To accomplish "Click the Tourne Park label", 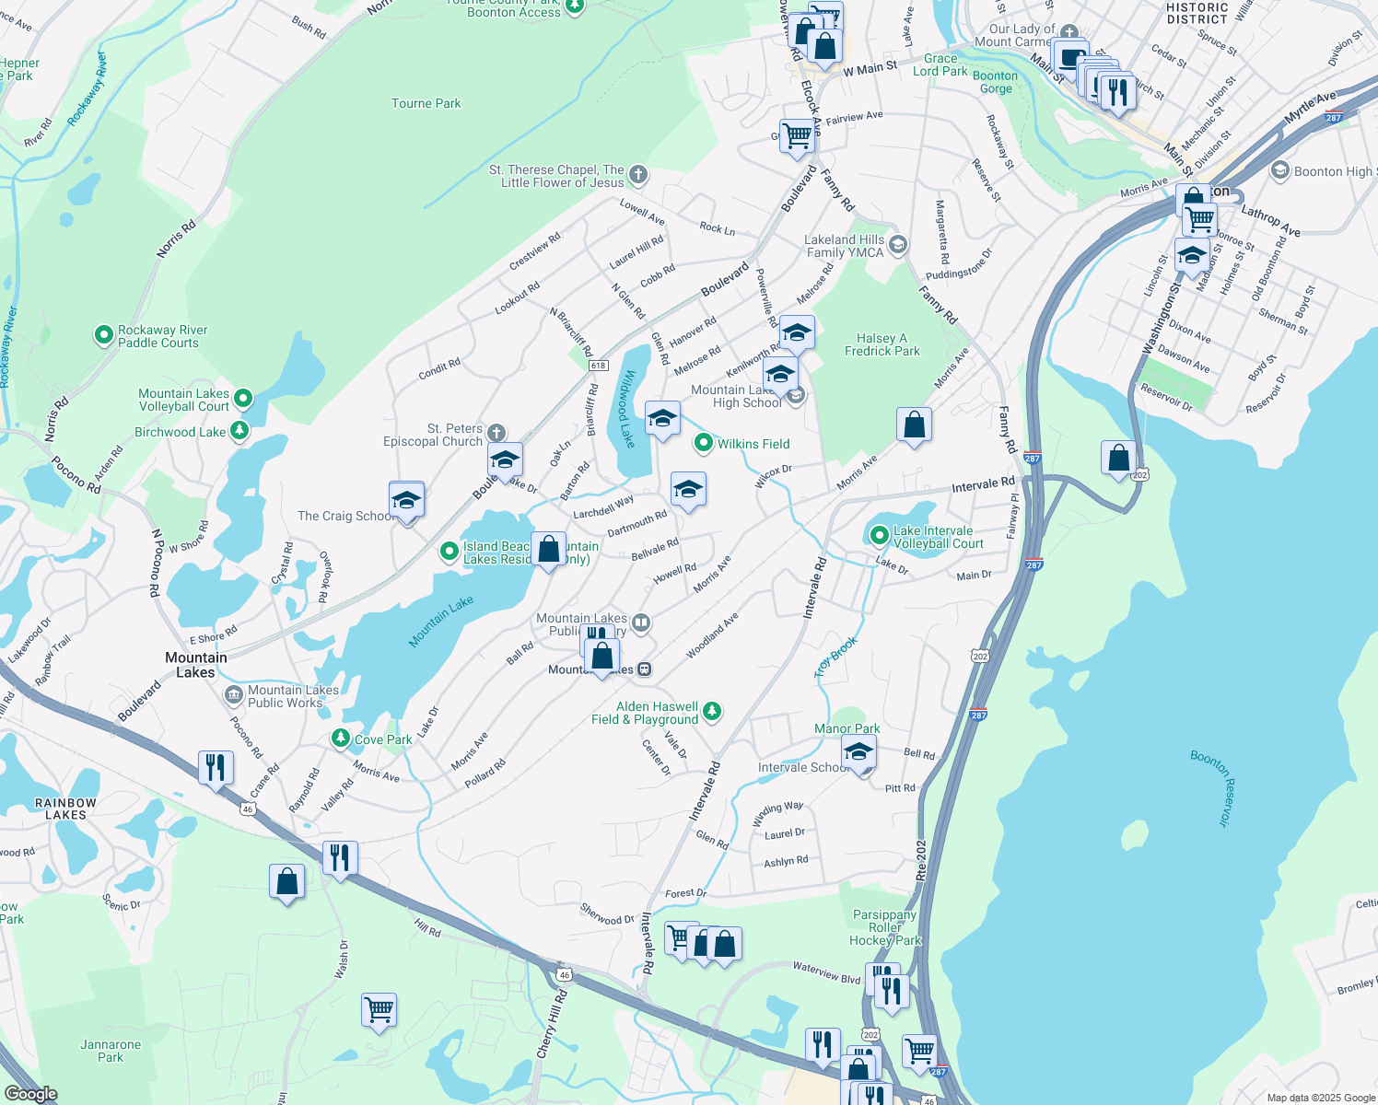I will (426, 103).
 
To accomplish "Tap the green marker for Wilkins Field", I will (704, 444).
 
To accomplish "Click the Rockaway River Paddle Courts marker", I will (104, 336).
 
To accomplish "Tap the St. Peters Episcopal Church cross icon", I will (496, 434).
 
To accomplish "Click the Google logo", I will (30, 1093).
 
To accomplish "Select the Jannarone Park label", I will (111, 1051).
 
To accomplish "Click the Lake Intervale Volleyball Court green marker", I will (879, 535).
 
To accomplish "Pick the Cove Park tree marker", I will (341, 739).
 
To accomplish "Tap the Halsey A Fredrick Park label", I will (882, 344).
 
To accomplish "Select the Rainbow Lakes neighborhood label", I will (65, 808).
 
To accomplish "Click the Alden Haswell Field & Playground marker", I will (711, 711).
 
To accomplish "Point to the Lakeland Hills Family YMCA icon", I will (898, 245).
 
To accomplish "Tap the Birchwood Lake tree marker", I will (239, 431).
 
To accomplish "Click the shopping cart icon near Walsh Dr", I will (379, 1010).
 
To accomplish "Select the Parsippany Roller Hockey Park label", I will (885, 927).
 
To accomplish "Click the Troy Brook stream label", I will (835, 657).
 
